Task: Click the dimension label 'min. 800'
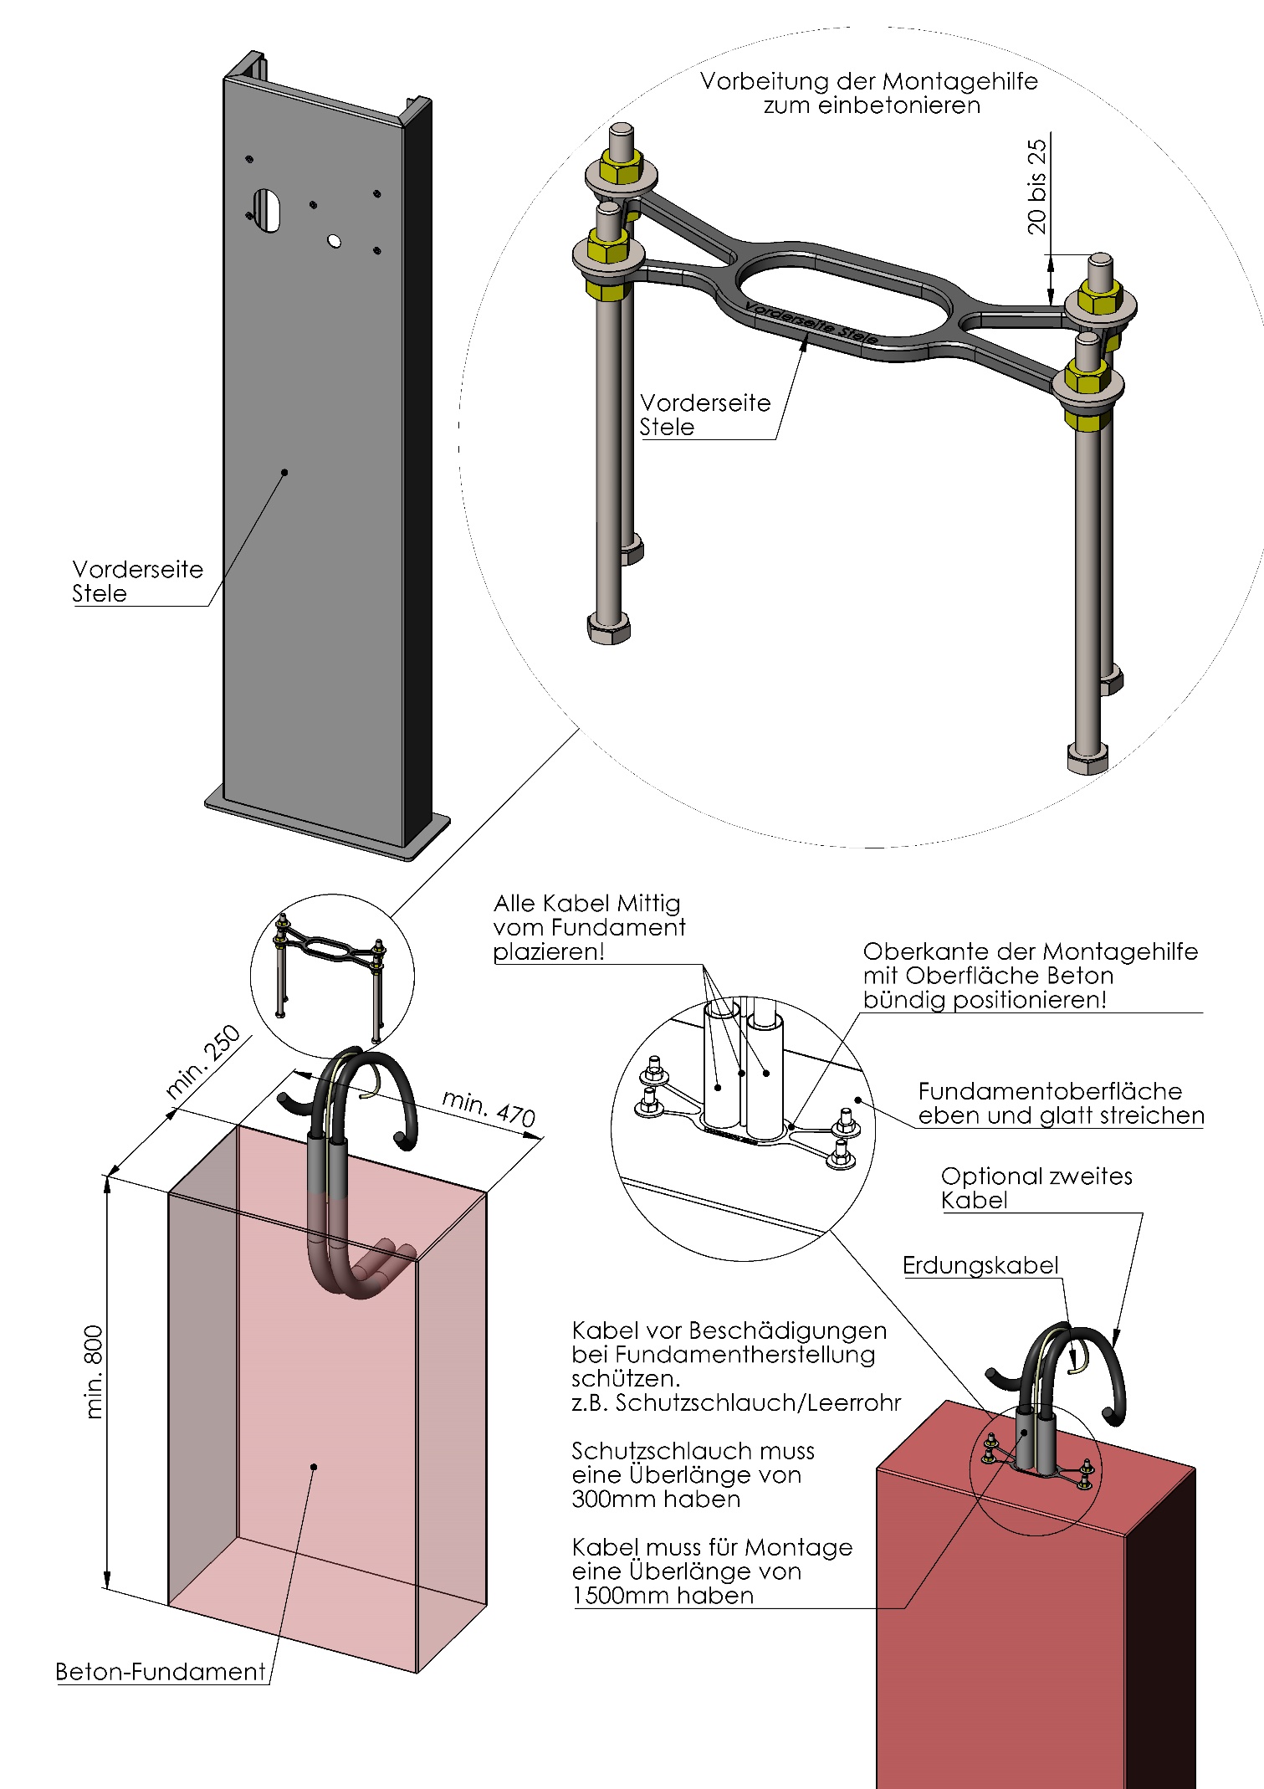click(x=95, y=1371)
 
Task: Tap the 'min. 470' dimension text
click(x=489, y=1108)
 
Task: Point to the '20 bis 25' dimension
click(x=1036, y=186)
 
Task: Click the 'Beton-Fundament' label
click(x=161, y=1672)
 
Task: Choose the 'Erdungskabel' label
click(x=980, y=1265)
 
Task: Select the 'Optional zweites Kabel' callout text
click(x=1036, y=1188)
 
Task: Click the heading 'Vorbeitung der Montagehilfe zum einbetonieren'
click(x=869, y=93)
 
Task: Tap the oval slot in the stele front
click(x=268, y=210)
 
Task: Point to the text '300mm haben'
click(x=656, y=1499)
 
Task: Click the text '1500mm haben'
click(x=663, y=1595)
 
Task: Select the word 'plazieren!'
click(x=548, y=951)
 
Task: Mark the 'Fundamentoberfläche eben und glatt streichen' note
click(x=1060, y=1103)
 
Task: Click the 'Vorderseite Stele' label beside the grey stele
click(x=137, y=581)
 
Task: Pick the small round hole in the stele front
click(x=334, y=241)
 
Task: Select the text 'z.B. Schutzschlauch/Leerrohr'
click(x=736, y=1402)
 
